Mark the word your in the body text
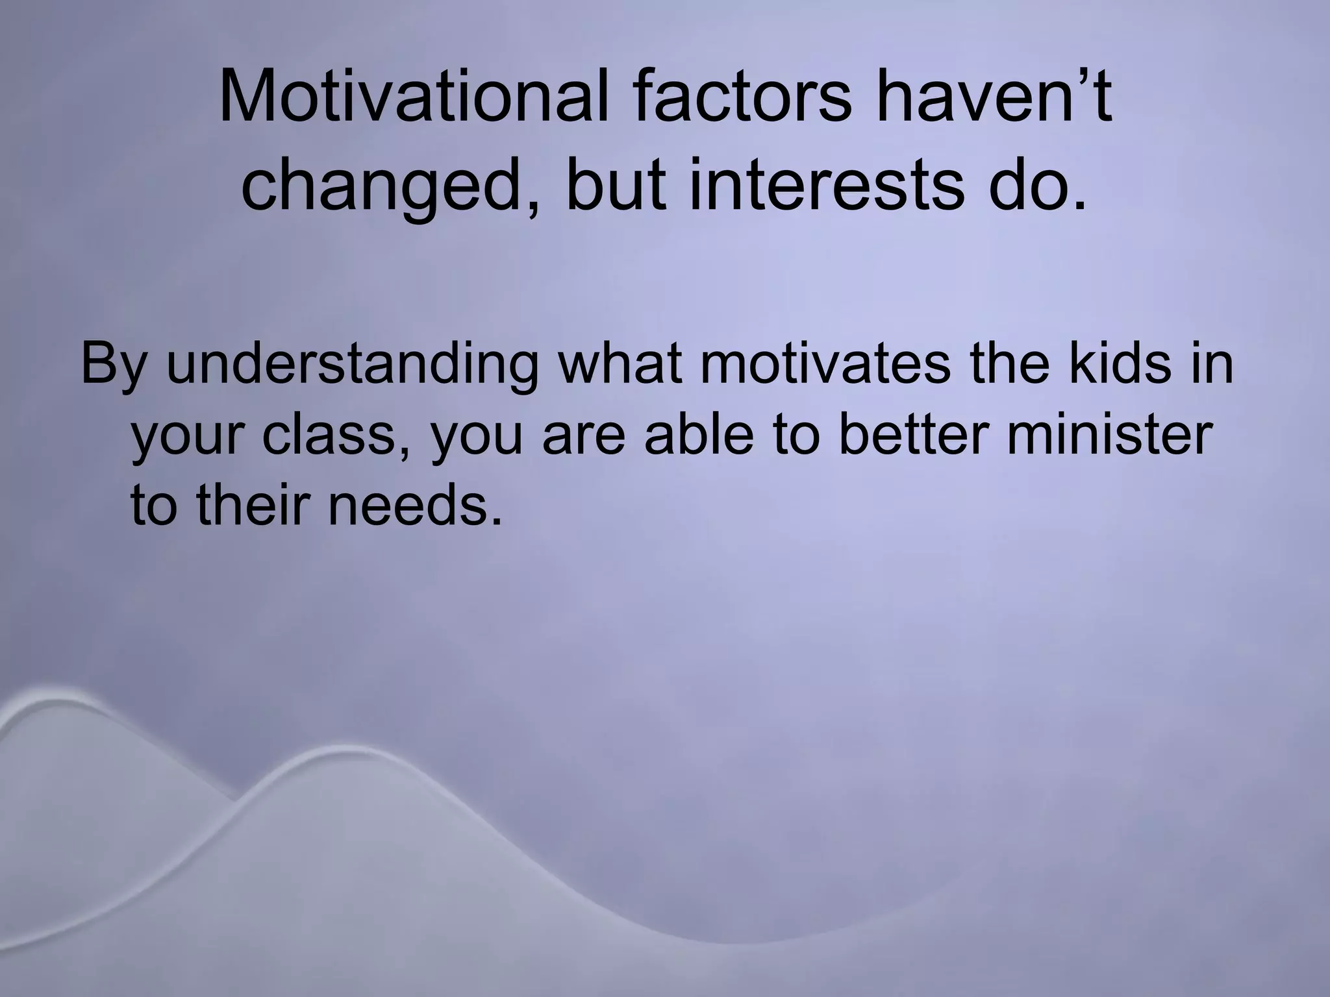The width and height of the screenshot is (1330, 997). [x=188, y=436]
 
